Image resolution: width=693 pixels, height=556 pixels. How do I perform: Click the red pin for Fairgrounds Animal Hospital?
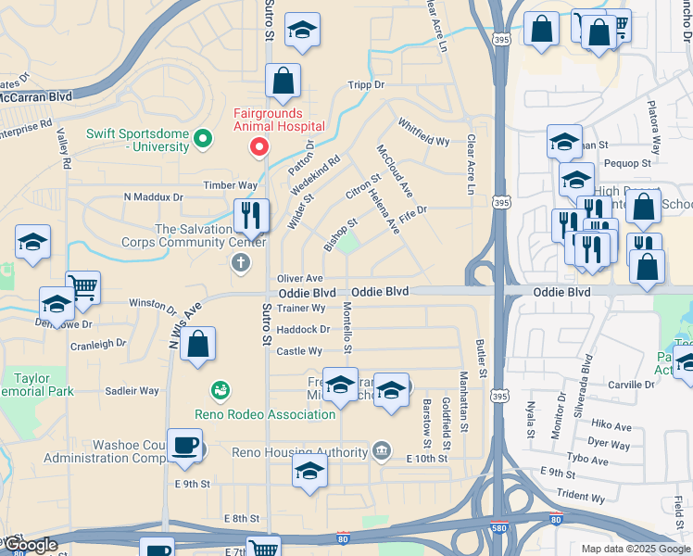[x=260, y=147]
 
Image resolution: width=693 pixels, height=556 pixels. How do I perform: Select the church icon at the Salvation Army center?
[x=240, y=263]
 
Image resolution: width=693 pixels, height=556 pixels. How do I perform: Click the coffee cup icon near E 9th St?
[x=184, y=445]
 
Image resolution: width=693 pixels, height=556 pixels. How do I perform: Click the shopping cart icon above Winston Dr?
[x=82, y=287]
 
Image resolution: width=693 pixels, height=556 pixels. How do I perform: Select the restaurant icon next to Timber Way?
[x=251, y=217]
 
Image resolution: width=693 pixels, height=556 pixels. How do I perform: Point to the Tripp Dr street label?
[x=366, y=84]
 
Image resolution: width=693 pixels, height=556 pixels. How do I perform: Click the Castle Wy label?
[x=299, y=351]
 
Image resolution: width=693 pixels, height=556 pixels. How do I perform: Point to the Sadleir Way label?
[x=132, y=391]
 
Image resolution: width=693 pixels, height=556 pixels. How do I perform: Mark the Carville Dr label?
[x=632, y=385]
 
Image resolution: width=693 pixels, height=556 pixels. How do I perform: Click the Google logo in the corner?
[x=30, y=546]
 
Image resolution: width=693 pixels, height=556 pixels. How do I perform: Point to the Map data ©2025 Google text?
[x=635, y=549]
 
